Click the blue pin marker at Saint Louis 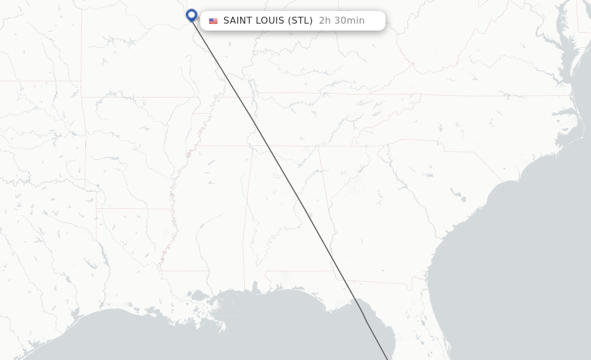coord(192,15)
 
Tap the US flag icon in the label coord(213,21)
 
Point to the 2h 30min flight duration coord(342,21)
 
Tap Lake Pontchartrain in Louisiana coord(199,297)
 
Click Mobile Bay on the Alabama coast coord(255,288)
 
